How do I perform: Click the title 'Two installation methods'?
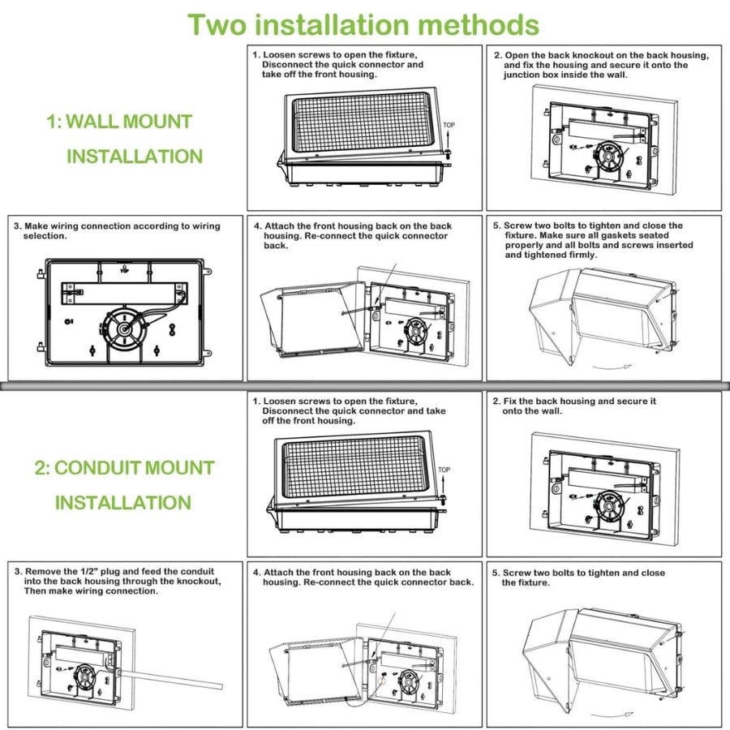click(x=363, y=24)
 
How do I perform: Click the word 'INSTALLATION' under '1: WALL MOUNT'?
click(x=135, y=157)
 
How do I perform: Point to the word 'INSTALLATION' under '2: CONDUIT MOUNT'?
click(x=123, y=503)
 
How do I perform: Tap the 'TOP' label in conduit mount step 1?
click(x=444, y=470)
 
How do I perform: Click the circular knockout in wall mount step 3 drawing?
click(x=127, y=329)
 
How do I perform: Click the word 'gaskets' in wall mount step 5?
click(x=612, y=235)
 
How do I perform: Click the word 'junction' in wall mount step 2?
click(x=523, y=75)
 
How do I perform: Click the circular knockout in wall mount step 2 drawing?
click(x=608, y=153)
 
